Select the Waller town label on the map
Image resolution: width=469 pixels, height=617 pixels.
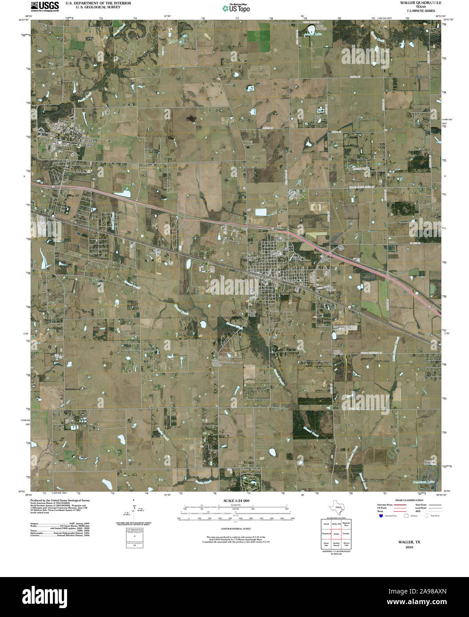[x=297, y=257]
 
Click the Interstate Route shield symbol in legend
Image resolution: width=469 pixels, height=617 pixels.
[x=381, y=516]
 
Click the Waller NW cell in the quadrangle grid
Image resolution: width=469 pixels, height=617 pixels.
[x=336, y=524]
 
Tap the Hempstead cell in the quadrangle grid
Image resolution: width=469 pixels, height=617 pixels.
[x=326, y=533]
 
